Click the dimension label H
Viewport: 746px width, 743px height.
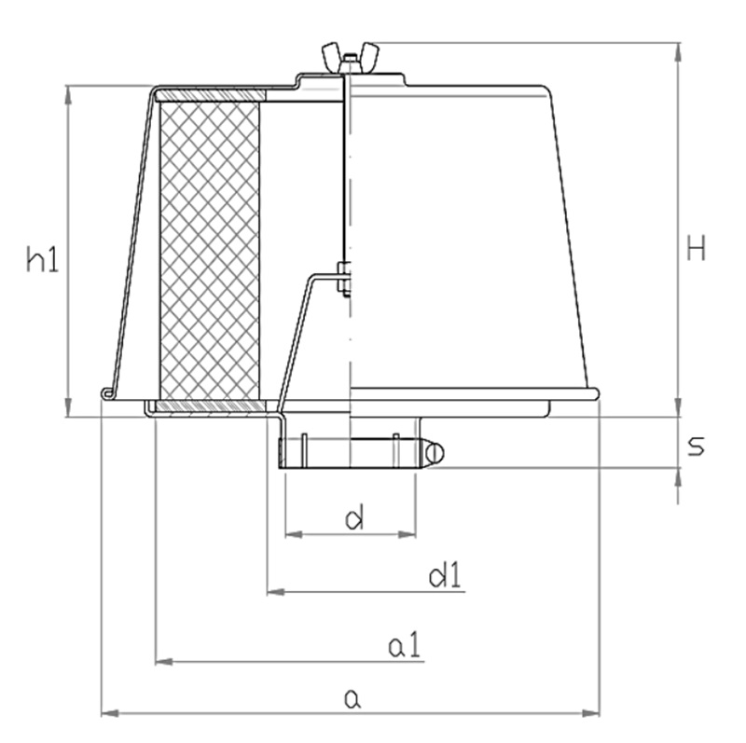(x=696, y=249)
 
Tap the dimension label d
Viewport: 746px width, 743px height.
(x=353, y=518)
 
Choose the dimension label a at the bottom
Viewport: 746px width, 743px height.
(x=352, y=697)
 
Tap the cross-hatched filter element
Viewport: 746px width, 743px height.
(x=210, y=247)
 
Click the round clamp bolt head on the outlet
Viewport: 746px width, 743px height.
(x=434, y=453)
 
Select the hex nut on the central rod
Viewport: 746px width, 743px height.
(x=344, y=279)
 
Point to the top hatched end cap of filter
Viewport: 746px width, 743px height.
(x=213, y=95)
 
